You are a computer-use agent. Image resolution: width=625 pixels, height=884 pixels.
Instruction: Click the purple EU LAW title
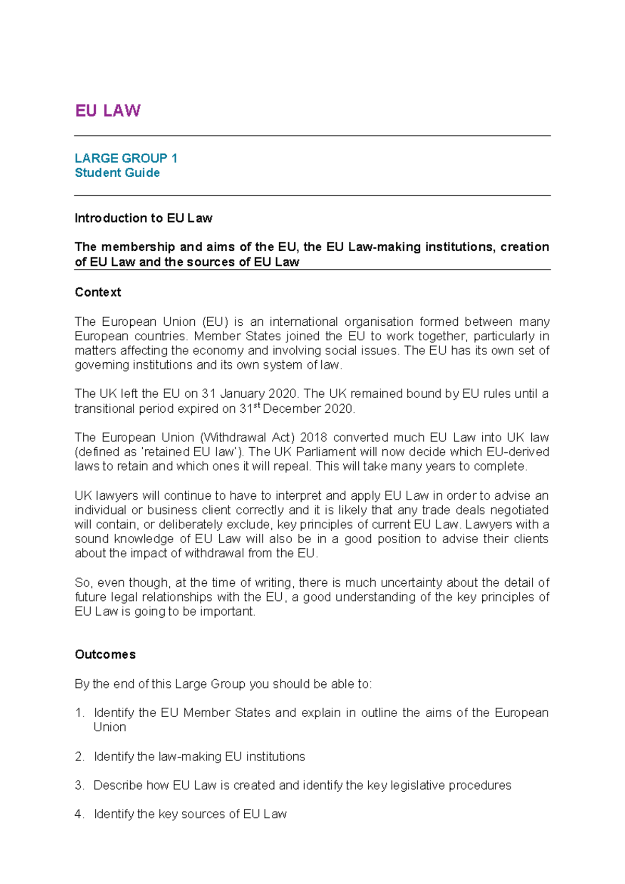click(108, 110)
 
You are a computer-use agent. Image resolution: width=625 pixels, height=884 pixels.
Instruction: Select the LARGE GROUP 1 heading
click(126, 158)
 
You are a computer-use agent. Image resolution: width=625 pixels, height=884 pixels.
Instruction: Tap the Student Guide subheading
click(117, 173)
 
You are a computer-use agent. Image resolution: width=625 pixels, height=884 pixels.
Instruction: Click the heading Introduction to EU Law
click(143, 218)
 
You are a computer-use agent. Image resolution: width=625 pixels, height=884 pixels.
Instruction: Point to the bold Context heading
click(98, 292)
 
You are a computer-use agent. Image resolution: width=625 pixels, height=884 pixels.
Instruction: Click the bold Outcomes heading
click(105, 654)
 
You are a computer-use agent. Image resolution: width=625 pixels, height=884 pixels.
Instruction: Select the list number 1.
click(79, 713)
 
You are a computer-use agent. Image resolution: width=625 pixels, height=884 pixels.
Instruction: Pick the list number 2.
click(79, 756)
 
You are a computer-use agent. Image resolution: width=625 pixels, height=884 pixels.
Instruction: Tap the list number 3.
click(79, 785)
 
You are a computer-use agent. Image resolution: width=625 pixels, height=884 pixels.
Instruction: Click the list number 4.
click(79, 814)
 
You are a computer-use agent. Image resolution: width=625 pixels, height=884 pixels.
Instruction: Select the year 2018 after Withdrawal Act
click(314, 437)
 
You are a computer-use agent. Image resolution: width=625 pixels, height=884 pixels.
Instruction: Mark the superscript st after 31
click(256, 406)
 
